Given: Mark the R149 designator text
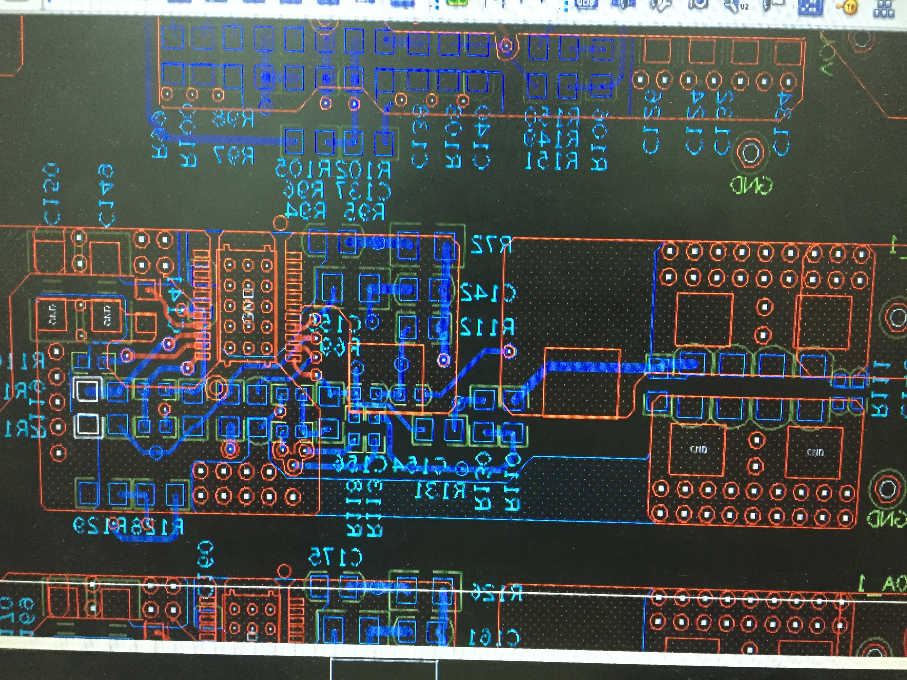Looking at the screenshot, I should (x=552, y=139).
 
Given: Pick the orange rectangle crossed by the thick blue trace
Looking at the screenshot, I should (x=581, y=383).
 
